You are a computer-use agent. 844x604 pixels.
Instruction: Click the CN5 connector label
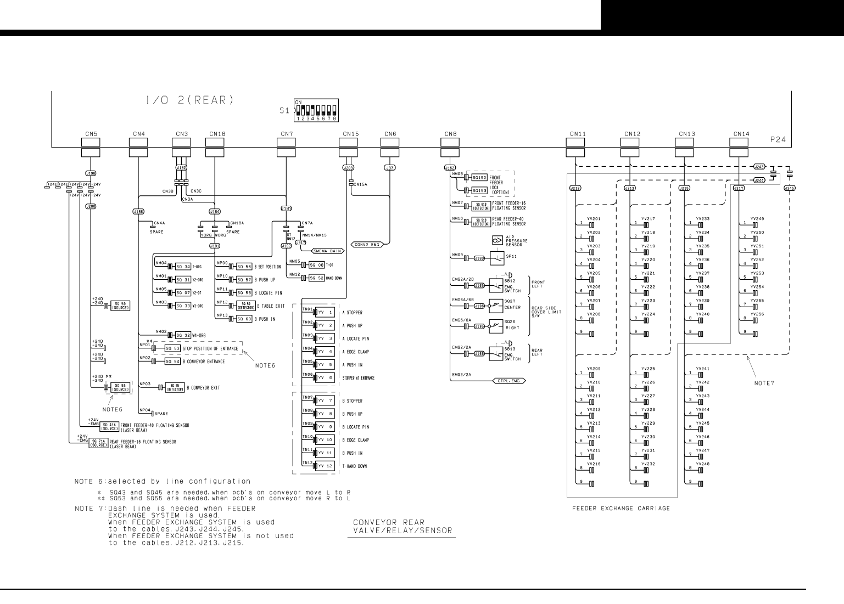92,133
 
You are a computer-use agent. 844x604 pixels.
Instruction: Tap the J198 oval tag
92,173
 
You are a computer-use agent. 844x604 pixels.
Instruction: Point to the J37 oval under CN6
390,168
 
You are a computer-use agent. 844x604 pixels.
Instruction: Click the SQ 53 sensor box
172,348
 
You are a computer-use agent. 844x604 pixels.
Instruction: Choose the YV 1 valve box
326,312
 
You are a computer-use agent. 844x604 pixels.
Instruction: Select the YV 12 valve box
326,466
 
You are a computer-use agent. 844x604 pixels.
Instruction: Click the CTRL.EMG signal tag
508,380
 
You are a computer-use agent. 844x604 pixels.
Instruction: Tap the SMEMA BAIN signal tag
327,251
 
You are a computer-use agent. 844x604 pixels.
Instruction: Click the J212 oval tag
575,188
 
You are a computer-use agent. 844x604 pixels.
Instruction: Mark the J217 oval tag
739,188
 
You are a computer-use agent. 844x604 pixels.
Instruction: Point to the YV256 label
757,314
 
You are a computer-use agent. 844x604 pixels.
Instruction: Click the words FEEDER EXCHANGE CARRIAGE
621,509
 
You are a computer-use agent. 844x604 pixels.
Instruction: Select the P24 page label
778,140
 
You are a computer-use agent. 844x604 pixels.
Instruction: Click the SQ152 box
480,177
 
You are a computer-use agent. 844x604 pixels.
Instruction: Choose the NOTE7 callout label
764,383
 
